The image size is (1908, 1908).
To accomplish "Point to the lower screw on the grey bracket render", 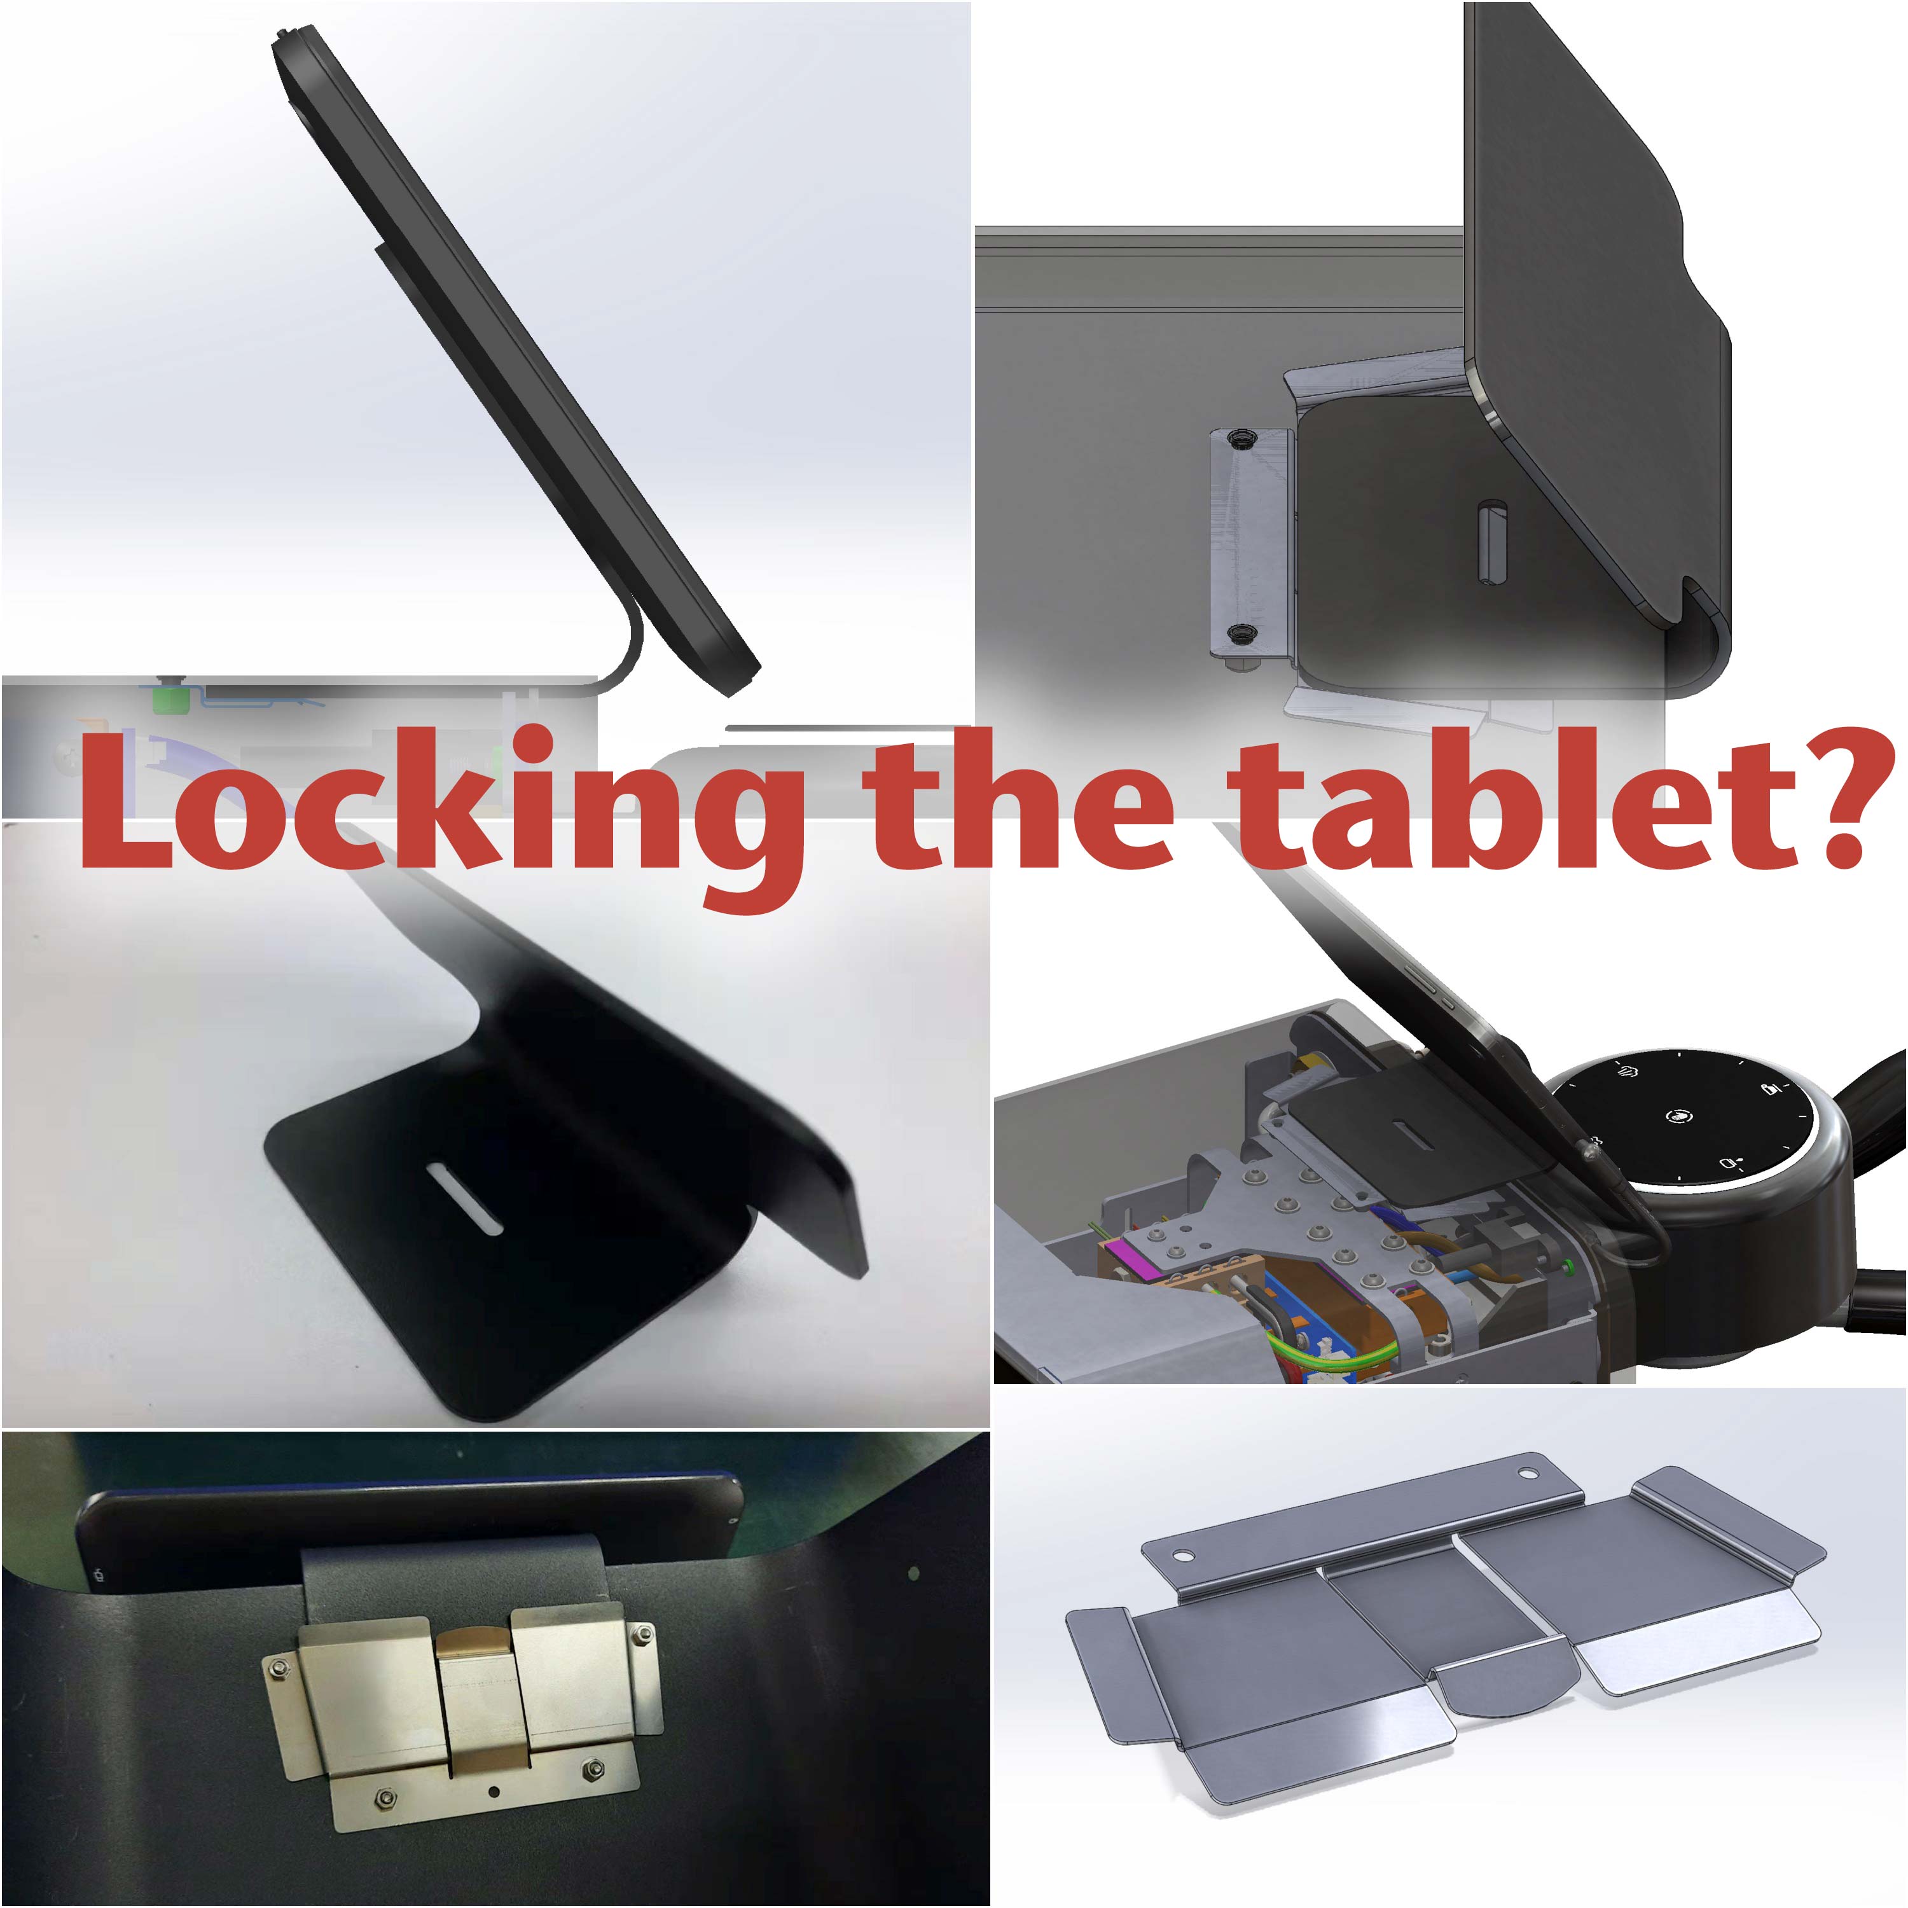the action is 1240,633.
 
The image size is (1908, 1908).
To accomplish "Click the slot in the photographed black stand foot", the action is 464,1198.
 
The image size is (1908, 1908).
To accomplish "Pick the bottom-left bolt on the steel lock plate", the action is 383,1794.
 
